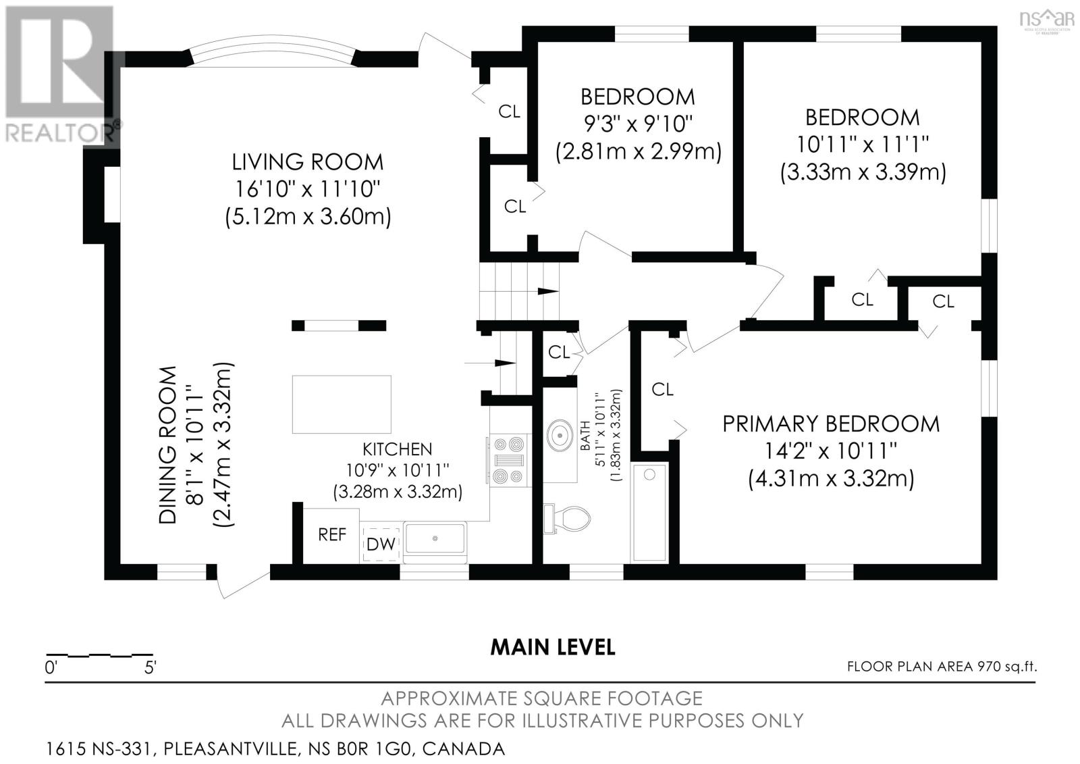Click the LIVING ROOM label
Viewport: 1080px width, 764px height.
[308, 162]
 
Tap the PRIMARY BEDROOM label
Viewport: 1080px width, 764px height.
[831, 424]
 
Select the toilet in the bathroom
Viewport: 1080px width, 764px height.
[567, 519]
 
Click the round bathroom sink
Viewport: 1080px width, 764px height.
[560, 435]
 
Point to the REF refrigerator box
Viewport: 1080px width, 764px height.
[331, 535]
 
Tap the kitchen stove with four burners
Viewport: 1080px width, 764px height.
[509, 460]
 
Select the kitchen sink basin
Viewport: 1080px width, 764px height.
[435, 538]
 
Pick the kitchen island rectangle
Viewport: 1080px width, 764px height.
[342, 405]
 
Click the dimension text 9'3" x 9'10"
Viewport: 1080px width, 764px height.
[638, 124]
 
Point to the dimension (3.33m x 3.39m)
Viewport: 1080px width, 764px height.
[863, 172]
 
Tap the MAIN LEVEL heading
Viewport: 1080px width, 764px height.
[553, 648]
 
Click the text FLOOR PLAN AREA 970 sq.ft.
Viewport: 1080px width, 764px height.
[942, 667]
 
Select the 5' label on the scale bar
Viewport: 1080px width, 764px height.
[151, 669]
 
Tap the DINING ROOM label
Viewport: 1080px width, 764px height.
[168, 445]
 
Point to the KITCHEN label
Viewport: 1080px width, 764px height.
[398, 449]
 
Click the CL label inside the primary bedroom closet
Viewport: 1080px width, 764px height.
[662, 389]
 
